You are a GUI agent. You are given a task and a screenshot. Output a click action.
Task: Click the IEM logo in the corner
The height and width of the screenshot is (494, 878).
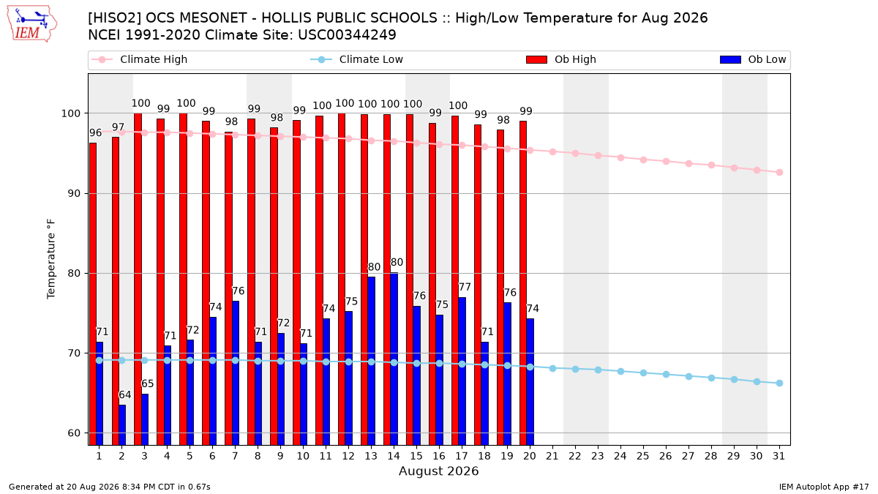pyautogui.click(x=32, y=24)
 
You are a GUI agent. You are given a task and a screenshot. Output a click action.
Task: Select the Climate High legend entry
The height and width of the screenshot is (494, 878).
pyautogui.click(x=139, y=59)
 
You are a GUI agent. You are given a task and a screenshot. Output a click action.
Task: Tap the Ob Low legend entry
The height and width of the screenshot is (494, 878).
pyautogui.click(x=753, y=59)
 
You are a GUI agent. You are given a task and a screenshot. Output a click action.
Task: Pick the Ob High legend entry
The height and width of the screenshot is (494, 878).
pyautogui.click(x=561, y=59)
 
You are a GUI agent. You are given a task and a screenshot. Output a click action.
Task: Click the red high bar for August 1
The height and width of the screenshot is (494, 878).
pyautogui.click(x=93, y=294)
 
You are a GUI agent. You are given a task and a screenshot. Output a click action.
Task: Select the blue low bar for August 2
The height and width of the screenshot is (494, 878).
pyautogui.click(x=122, y=425)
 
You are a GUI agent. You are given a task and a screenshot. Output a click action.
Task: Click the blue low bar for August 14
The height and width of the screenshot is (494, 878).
pyautogui.click(x=394, y=359)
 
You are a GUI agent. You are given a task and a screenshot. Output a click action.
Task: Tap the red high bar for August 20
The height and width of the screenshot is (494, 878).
pyautogui.click(x=523, y=283)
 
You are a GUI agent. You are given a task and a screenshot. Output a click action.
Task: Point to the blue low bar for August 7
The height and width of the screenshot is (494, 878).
pyautogui.click(x=236, y=373)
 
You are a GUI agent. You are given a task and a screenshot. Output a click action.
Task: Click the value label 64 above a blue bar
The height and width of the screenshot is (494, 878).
pyautogui.click(x=125, y=394)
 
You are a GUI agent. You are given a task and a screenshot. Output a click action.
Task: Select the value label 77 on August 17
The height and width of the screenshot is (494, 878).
pyautogui.click(x=465, y=287)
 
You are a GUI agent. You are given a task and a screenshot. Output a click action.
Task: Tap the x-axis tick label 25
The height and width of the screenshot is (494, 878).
pyautogui.click(x=643, y=456)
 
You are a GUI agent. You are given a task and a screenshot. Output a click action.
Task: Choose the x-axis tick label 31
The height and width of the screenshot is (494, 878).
pyautogui.click(x=778, y=456)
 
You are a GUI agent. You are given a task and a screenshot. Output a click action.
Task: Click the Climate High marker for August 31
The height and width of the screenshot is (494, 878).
pyautogui.click(x=780, y=173)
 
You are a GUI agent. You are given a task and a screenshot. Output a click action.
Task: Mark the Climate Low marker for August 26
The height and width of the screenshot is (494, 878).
pyautogui.click(x=666, y=375)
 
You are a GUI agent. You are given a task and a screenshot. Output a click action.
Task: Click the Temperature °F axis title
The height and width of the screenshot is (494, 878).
pyautogui.click(x=51, y=259)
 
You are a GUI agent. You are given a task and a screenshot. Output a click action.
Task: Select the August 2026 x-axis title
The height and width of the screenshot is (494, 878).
pyautogui.click(x=439, y=471)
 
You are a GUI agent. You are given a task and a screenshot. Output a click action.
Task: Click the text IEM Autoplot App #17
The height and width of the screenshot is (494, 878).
pyautogui.click(x=824, y=487)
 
